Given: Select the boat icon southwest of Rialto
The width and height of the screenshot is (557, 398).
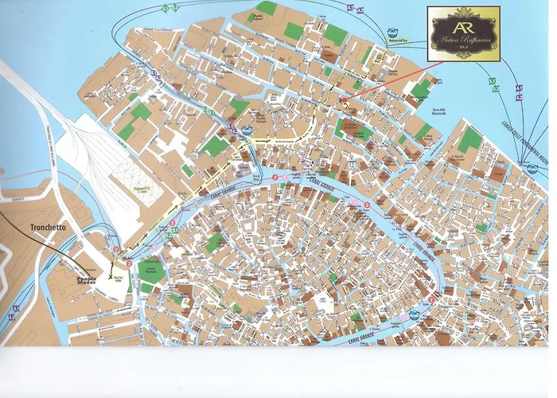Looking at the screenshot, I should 343,217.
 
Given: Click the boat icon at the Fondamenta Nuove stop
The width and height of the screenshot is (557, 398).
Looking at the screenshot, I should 529,165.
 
